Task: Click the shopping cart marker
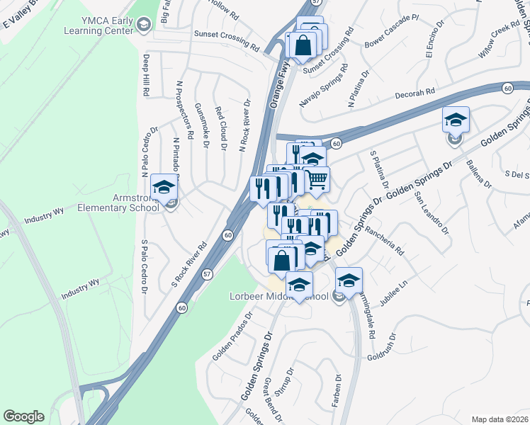[x=317, y=178]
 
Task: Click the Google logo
[x=23, y=416]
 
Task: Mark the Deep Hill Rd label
[x=146, y=74]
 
